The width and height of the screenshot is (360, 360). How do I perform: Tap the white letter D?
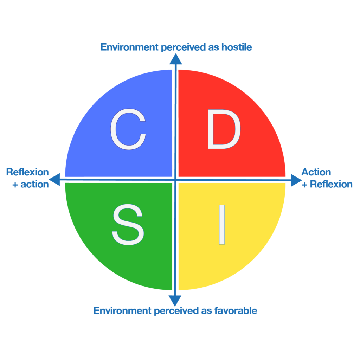(224, 129)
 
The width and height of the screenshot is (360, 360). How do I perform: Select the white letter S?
(128, 225)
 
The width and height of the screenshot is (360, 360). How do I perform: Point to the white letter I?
(222, 225)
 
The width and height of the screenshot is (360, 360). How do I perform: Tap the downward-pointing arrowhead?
(175, 301)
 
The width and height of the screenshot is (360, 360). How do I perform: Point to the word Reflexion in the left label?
(27, 172)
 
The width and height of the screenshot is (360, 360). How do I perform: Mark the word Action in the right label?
(316, 172)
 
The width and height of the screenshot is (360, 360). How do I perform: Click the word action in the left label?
(34, 185)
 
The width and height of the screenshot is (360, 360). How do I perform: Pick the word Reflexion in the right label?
(331, 185)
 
